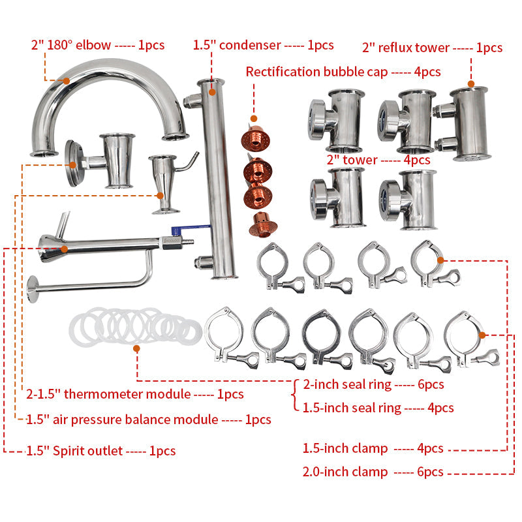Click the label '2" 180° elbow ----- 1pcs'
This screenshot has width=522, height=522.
coord(98,45)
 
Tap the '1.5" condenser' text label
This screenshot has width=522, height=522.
coord(263,45)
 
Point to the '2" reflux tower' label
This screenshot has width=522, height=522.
coord(432,47)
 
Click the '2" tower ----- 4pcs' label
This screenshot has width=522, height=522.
coord(378,159)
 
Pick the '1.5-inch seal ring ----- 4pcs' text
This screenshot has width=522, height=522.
coord(378,408)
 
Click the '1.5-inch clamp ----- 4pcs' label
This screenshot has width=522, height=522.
coord(373,448)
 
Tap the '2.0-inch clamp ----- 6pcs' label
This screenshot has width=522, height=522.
coord(373,471)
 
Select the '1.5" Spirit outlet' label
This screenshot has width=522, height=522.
coord(100,450)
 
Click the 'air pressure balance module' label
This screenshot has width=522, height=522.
coord(149,419)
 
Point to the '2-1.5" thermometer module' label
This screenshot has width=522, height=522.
coord(134,394)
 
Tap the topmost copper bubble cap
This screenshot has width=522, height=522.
coord(256,138)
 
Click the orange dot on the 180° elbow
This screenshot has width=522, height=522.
coord(67,80)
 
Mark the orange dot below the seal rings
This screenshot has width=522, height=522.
coord(136,349)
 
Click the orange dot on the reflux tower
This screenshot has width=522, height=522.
coord(470,84)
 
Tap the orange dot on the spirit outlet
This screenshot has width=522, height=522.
coord(64,249)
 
